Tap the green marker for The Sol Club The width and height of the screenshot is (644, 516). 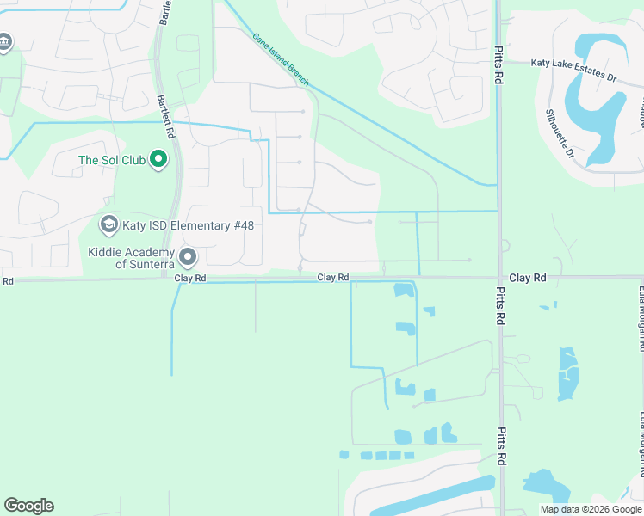pos(158,159)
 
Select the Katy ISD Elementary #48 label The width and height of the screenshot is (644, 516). pos(188,225)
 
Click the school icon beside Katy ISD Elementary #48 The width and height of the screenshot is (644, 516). pos(108,225)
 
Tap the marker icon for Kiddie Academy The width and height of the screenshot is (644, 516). pos(189,257)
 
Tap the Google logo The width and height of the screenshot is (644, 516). pos(28,506)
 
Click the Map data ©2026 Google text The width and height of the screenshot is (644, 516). pos(591,509)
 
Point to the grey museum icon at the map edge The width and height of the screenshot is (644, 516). pos(4,41)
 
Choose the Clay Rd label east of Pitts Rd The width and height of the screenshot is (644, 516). pos(528,278)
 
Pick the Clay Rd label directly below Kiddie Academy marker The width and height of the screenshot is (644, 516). pos(190,279)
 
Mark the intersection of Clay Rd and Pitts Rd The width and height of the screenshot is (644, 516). pos(499,278)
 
